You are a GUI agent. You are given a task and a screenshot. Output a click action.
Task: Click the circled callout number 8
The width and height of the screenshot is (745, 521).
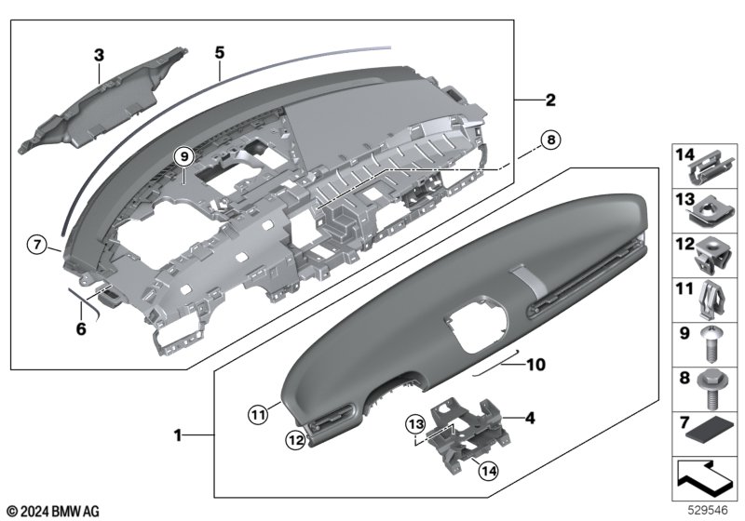pyautogui.click(x=550, y=140)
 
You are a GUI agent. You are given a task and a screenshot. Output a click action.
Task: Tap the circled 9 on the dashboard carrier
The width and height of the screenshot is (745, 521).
pyautogui.click(x=184, y=155)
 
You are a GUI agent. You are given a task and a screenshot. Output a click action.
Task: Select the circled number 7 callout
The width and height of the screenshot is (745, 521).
pyautogui.click(x=37, y=245)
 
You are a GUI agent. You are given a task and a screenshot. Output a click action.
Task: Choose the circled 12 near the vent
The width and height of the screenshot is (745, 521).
pyautogui.click(x=295, y=440)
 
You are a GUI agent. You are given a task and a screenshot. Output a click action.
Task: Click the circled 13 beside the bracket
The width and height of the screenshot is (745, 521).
pyautogui.click(x=415, y=423)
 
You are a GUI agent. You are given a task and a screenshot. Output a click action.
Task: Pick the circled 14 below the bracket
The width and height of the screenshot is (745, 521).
pyautogui.click(x=488, y=471)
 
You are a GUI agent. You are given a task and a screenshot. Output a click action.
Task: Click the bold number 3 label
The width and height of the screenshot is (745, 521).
pyautogui.click(x=99, y=55)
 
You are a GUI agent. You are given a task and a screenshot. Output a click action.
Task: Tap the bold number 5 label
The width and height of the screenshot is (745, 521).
pyautogui.click(x=219, y=52)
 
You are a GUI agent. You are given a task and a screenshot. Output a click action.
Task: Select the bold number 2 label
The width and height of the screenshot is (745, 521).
pyautogui.click(x=550, y=100)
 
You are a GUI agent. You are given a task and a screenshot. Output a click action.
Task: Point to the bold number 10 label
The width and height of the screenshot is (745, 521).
pyautogui.click(x=535, y=365)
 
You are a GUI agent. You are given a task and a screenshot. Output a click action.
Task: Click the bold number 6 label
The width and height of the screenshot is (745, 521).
pyautogui.click(x=81, y=328)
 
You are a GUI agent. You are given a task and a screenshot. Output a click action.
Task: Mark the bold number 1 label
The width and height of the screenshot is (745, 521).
pyautogui.click(x=178, y=435)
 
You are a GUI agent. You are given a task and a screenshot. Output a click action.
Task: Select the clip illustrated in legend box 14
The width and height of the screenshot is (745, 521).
pyautogui.click(x=711, y=168)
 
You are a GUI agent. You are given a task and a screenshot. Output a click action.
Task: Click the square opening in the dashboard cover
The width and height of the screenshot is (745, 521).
pyautogui.click(x=476, y=324)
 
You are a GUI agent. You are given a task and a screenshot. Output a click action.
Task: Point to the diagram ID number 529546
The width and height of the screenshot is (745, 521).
pyautogui.click(x=708, y=511)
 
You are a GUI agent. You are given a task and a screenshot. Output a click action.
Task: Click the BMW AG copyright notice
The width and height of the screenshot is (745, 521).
pyautogui.click(x=54, y=512)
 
